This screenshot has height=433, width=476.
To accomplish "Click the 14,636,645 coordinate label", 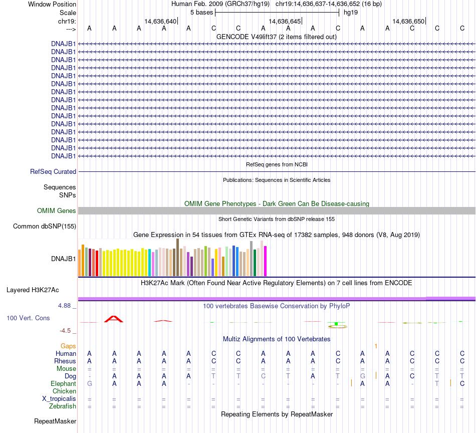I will [285, 22].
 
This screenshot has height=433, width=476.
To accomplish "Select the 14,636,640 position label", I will [160, 22].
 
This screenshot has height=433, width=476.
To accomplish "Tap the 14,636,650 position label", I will [409, 22].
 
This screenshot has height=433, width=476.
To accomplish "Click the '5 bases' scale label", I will [201, 12].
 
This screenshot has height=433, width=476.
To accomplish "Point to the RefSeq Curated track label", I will [53, 172].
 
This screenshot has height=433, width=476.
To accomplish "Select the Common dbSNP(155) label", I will [45, 227].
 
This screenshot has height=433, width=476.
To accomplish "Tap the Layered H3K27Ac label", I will [33, 290].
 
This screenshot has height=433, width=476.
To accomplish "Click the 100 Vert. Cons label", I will [28, 318].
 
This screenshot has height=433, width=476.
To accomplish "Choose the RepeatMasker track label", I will [55, 421].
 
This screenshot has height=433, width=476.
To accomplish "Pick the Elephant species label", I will [63, 384].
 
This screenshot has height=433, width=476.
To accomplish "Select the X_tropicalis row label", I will [59, 399].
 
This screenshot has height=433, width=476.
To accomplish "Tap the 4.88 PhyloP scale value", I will [68, 305].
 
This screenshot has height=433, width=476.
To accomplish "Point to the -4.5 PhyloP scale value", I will [68, 331].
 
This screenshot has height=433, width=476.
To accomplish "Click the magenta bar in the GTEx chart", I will [266, 261].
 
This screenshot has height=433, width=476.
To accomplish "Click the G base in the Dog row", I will [362, 376].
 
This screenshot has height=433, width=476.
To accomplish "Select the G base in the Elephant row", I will [89, 384].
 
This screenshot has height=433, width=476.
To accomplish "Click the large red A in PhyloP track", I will [114, 319].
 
